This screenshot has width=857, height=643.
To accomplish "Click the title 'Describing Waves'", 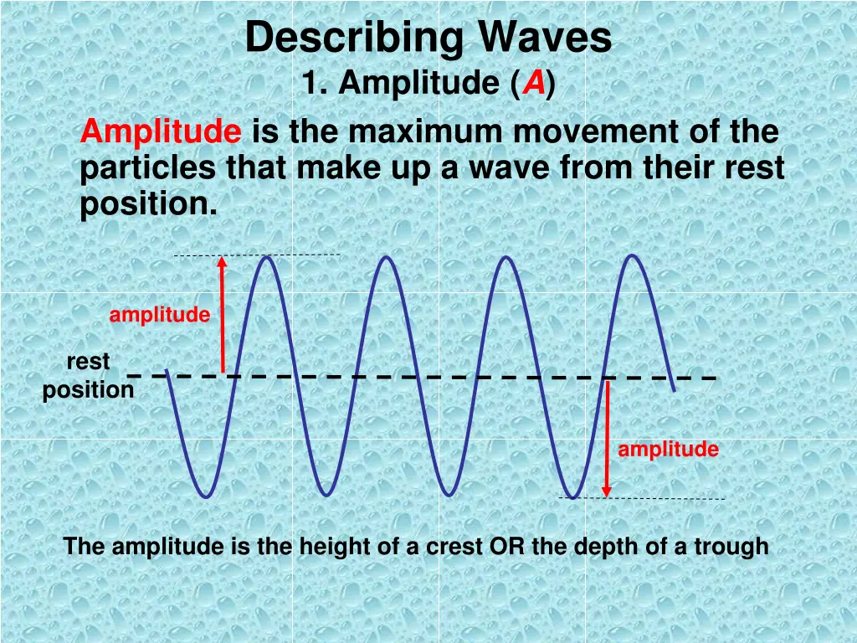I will coord(428,39).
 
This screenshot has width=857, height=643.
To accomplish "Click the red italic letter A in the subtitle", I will coord(533,84).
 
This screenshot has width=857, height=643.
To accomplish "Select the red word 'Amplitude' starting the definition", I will coord(161,132).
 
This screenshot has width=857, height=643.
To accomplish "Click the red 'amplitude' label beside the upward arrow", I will coord(159,315).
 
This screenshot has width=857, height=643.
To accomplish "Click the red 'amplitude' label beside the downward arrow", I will coord(668,450).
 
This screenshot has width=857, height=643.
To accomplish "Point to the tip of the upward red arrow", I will coord(222,259).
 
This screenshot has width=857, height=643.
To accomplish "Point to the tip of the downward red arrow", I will coord(607,495).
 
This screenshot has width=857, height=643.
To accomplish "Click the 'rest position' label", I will coord(88,376).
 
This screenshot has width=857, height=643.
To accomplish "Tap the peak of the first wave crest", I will coord(267,256).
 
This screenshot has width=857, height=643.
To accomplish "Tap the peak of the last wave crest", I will coord(633,255).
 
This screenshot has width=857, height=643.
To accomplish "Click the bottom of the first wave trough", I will coord(206,497).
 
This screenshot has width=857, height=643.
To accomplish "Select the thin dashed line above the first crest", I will coord(256,255).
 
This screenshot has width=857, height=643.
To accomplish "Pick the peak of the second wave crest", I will coord(387,256).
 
